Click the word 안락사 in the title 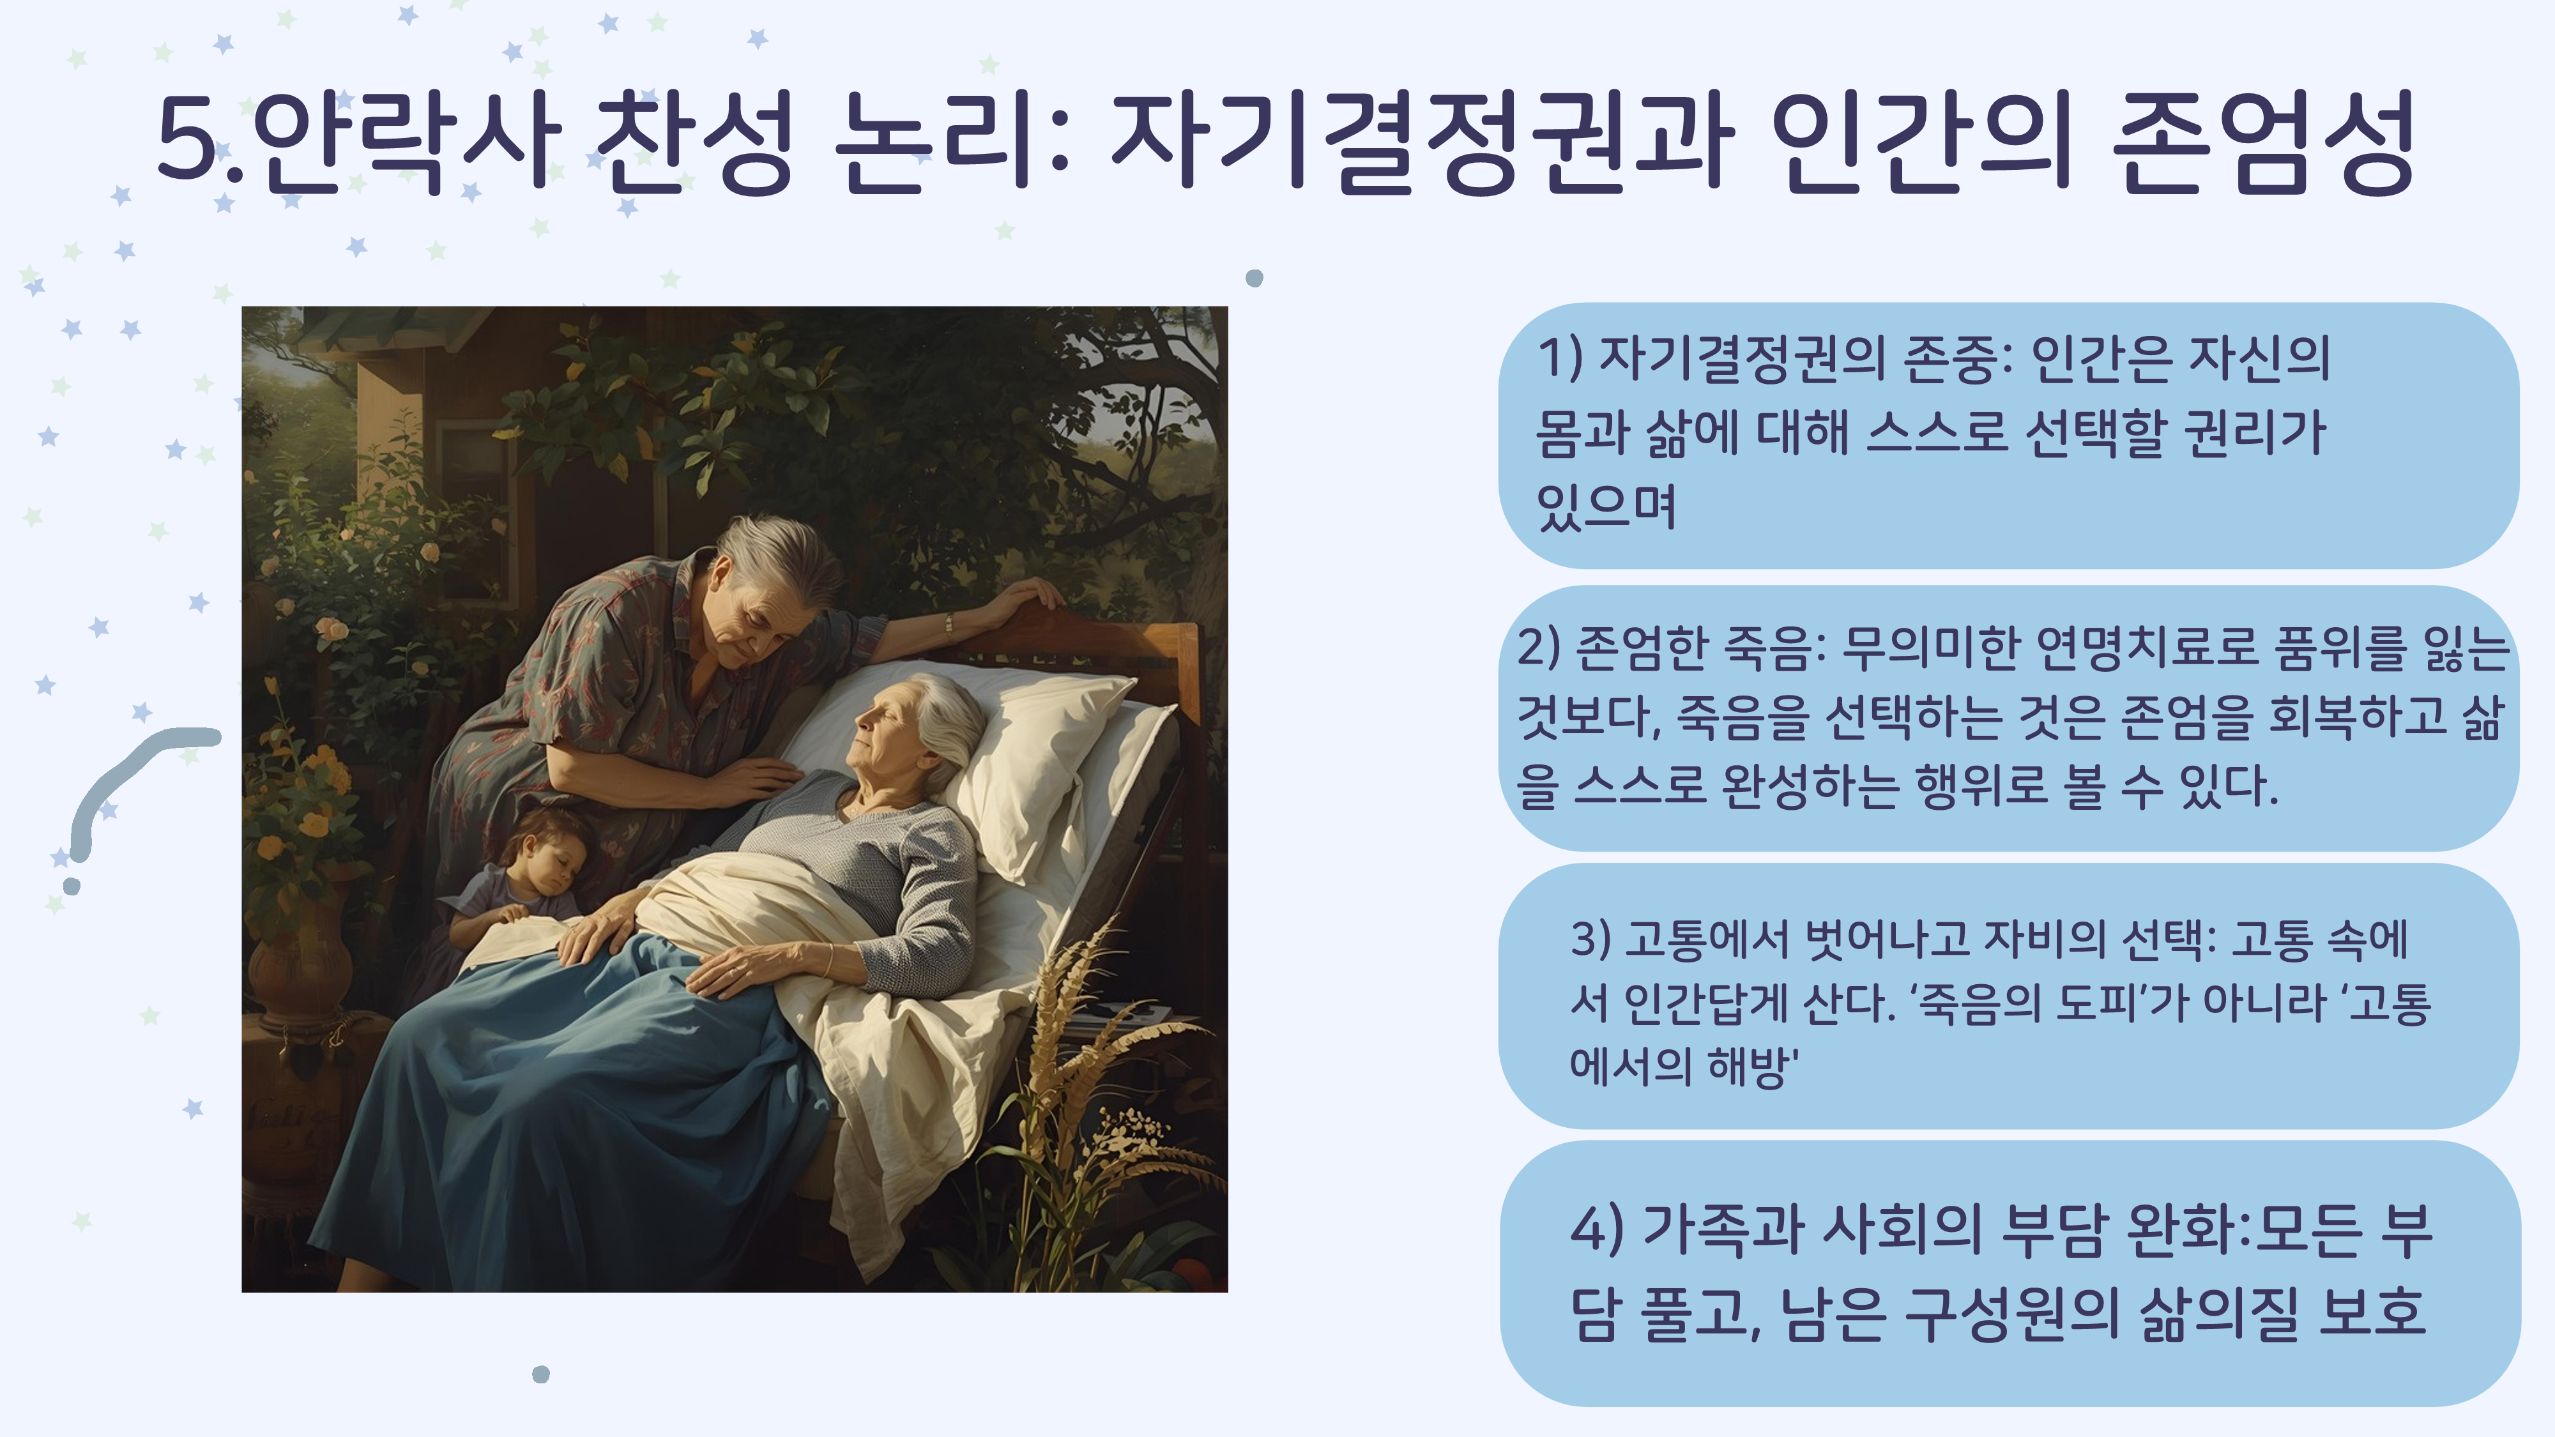[407, 140]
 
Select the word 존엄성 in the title [2263, 140]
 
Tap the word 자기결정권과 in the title [1423, 140]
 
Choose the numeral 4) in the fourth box [1597, 1229]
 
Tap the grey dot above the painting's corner [1254, 278]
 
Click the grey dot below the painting [540, 1374]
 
